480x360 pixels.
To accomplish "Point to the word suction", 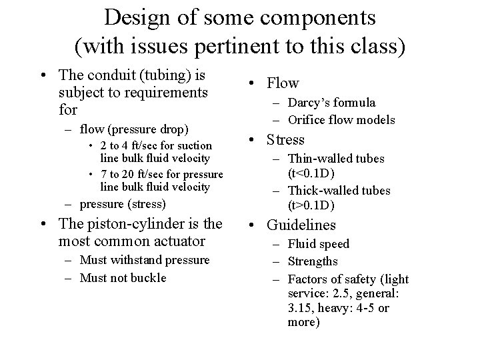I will click(x=193, y=145).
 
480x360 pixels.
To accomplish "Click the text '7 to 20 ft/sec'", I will click(x=132, y=173).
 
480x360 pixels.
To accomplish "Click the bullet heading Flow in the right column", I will click(x=283, y=83).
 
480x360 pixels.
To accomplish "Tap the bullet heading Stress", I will click(x=286, y=140).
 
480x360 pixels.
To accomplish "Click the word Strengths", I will click(x=313, y=261).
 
